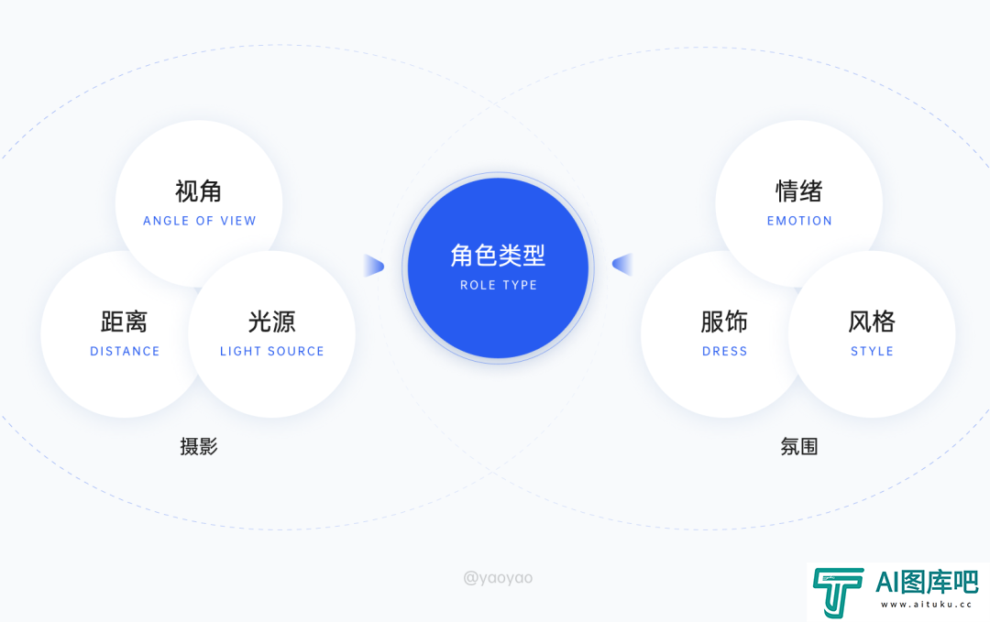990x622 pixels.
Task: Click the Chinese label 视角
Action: [198, 191]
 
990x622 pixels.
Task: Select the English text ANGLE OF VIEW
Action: [200, 221]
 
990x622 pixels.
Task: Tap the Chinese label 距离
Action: [125, 322]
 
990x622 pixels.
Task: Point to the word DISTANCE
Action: [125, 352]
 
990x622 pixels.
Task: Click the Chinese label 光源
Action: [271, 322]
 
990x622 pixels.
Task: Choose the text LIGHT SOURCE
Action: [271, 352]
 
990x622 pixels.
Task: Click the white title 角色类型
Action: [498, 256]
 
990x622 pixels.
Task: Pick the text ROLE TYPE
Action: [498, 285]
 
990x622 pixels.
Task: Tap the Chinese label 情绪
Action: [798, 191]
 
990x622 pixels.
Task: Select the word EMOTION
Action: [799, 221]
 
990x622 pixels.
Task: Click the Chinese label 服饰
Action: [724, 322]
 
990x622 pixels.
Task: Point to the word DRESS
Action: [725, 352]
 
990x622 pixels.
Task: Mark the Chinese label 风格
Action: [872, 322]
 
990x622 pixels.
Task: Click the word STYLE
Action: [872, 352]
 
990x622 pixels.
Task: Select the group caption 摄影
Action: [199, 447]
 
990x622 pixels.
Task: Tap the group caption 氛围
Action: [799, 447]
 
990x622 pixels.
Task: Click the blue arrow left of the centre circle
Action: [374, 266]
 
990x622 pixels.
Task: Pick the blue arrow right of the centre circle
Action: [622, 265]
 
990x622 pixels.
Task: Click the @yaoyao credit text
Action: [498, 578]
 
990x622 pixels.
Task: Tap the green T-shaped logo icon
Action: [838, 592]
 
